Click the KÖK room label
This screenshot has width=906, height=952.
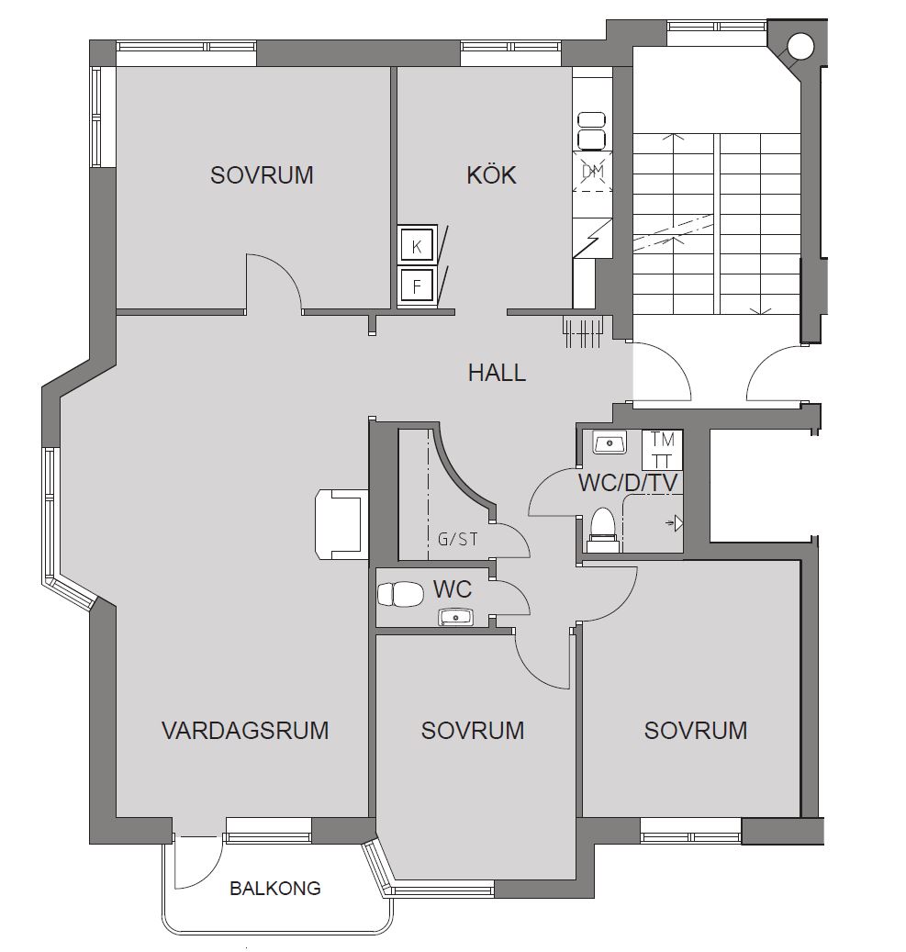coord(491,174)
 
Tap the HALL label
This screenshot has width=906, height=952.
coord(497,372)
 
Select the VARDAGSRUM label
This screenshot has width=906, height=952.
coord(245,730)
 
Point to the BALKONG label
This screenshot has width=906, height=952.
coord(275,889)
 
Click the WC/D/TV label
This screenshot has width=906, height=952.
coord(628,483)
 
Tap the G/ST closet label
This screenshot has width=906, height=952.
coord(458,539)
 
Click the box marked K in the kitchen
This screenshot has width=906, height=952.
coord(417,246)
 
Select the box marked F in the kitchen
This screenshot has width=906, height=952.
coord(417,286)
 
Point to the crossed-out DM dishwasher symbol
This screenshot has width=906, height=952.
coord(593,172)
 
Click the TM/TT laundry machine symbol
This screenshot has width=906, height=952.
coord(663,450)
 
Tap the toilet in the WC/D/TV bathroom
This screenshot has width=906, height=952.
coord(604,530)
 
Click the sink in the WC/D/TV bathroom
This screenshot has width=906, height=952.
coord(610,443)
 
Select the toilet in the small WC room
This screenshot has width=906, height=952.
coord(400,594)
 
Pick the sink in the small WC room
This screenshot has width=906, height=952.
coord(454,618)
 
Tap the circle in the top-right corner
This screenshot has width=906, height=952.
coord(800,46)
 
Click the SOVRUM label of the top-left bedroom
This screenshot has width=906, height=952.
coord(262,174)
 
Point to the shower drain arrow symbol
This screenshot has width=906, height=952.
coord(676,522)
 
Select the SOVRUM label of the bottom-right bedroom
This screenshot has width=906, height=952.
coord(695,730)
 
